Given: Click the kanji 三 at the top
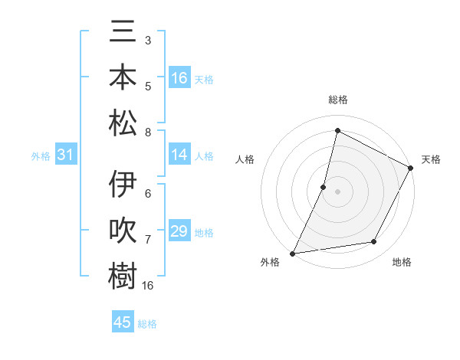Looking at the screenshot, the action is [x=123, y=33].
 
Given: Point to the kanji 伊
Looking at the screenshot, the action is [x=123, y=185].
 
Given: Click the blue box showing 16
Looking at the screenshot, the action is [x=179, y=78].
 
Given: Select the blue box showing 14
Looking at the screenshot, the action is [x=179, y=155].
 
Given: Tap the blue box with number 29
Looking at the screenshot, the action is [x=179, y=231].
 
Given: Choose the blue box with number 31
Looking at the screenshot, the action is [x=66, y=155].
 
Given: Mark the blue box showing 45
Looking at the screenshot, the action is [x=123, y=322].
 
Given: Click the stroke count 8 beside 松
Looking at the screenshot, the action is [x=147, y=133].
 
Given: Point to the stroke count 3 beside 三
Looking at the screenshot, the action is [x=147, y=40].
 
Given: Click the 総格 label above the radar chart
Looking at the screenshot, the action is [x=337, y=100].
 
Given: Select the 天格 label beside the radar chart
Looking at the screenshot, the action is [x=431, y=159].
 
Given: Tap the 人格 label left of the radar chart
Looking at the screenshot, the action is [x=245, y=159].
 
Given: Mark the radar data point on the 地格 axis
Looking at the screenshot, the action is [x=374, y=242].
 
